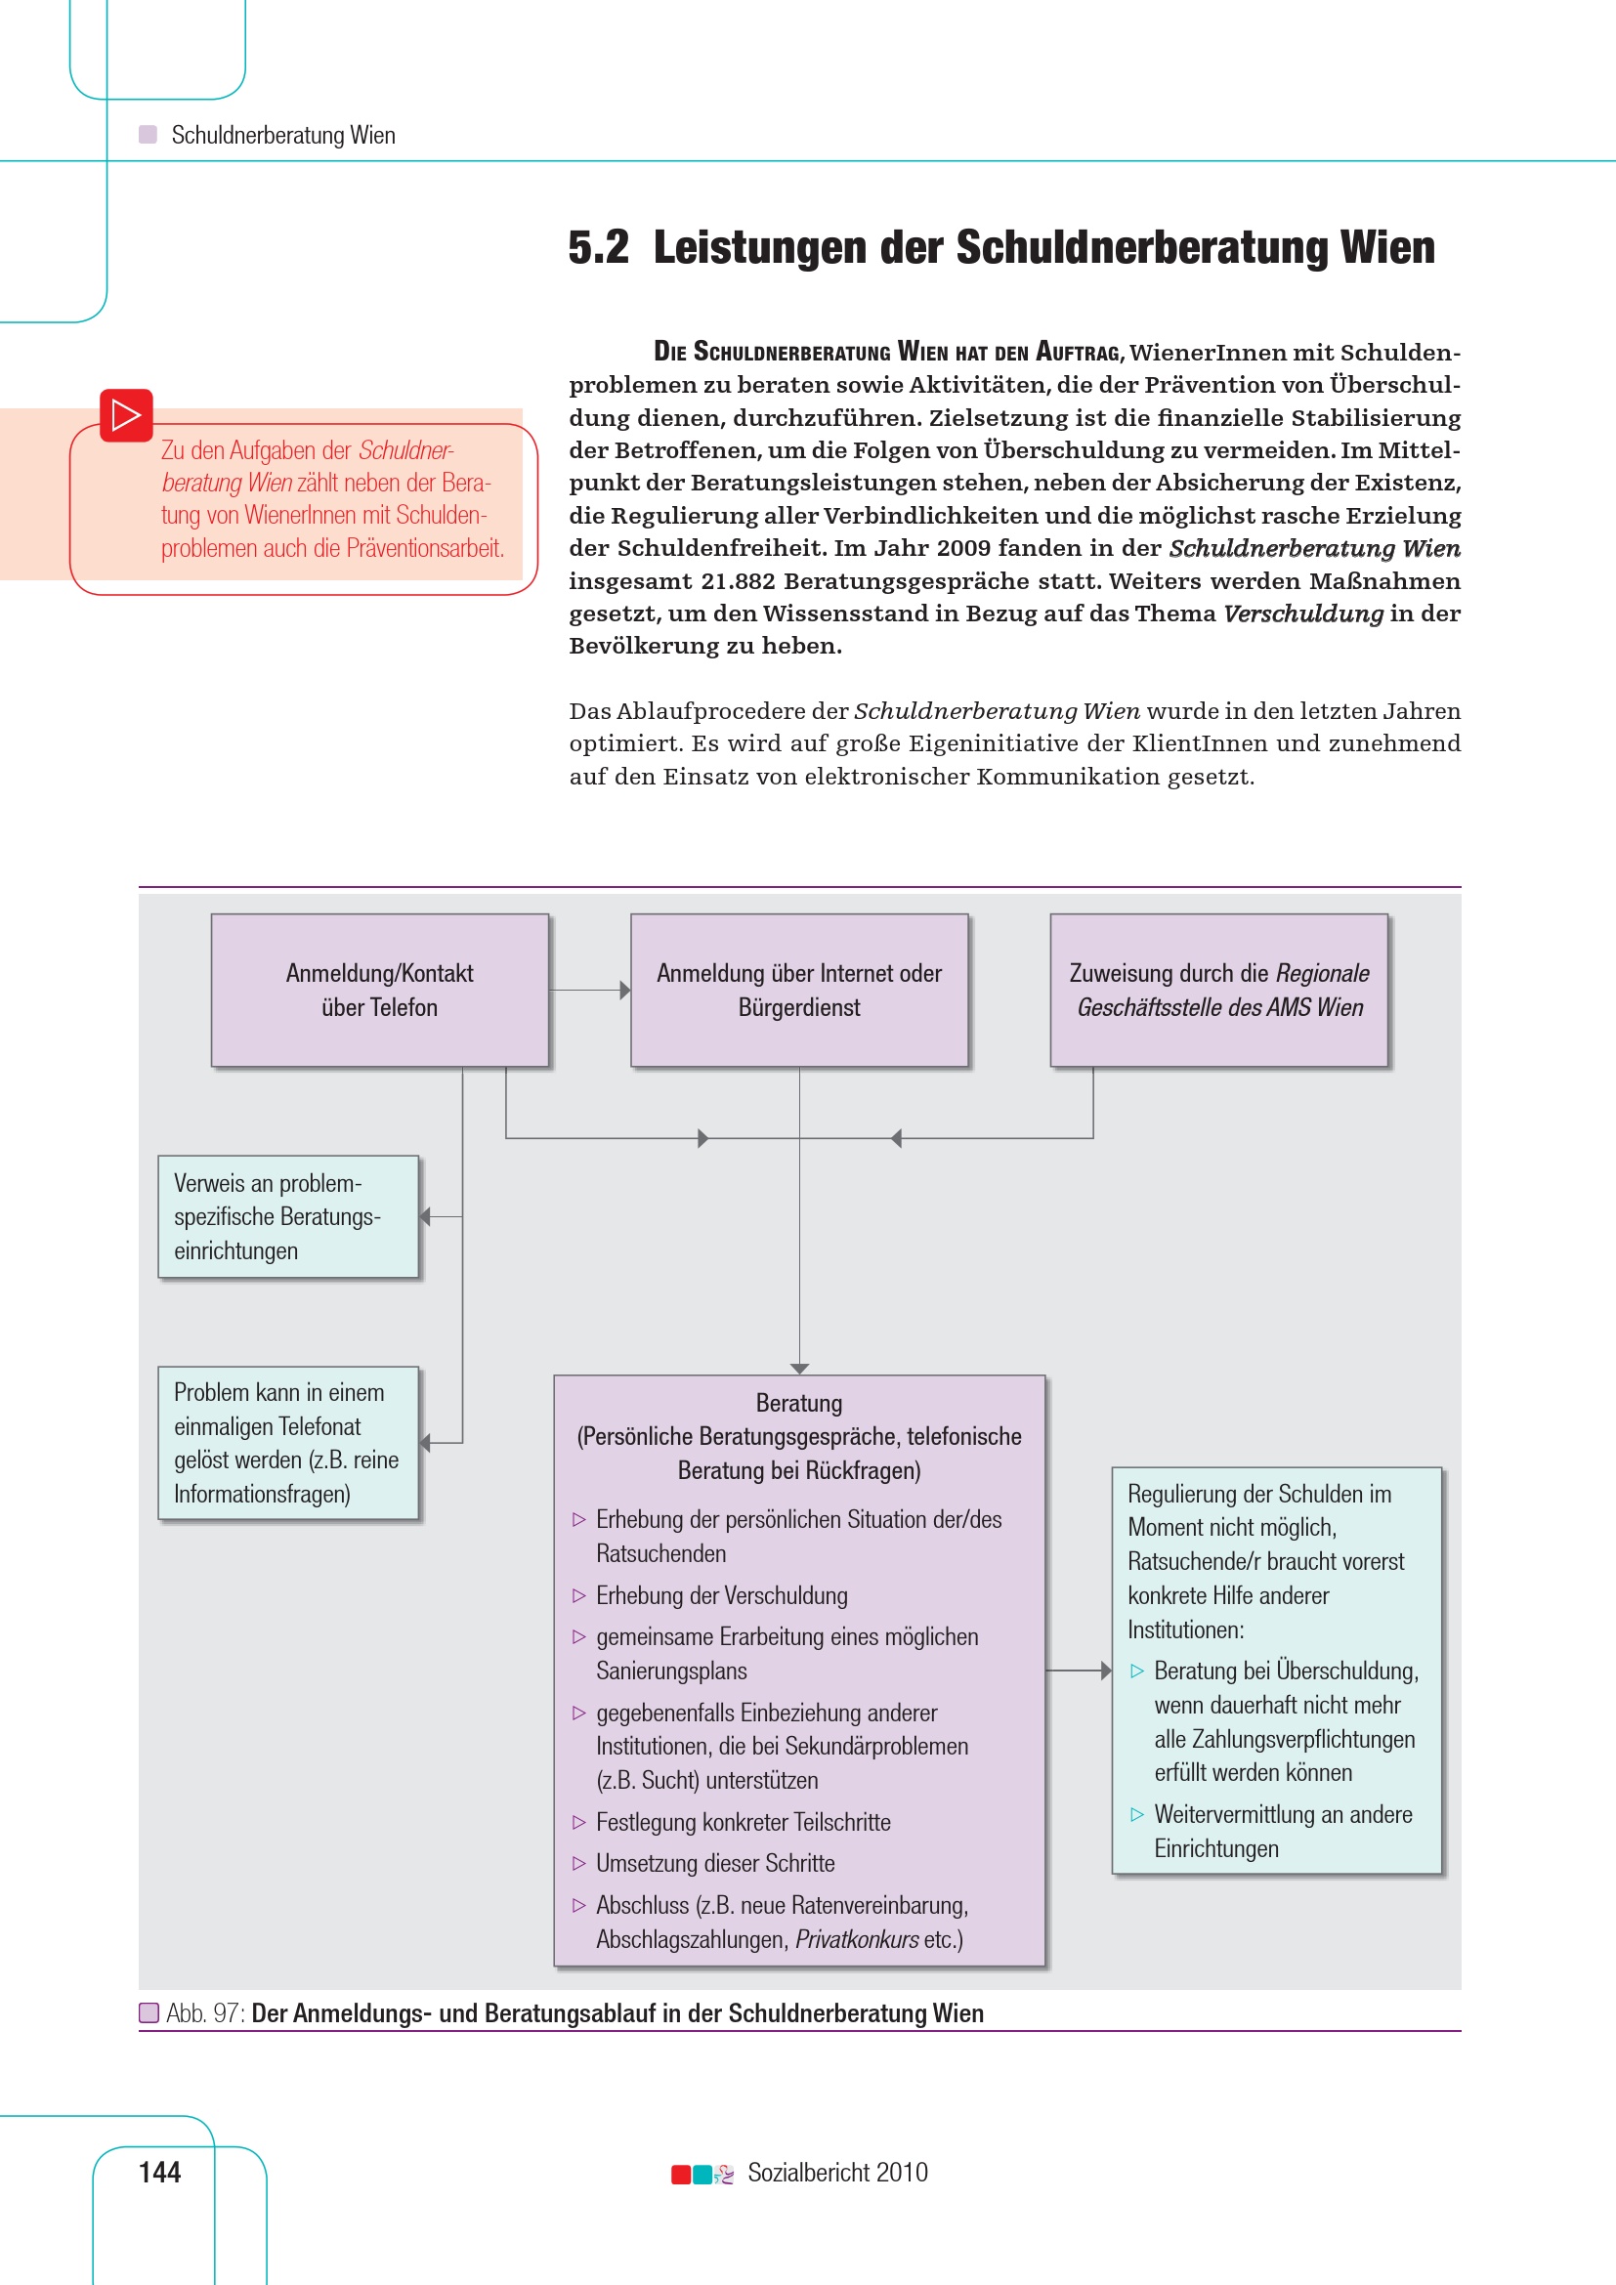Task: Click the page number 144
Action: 159,2172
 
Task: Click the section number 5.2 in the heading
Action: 598,248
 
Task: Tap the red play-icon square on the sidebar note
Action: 126,415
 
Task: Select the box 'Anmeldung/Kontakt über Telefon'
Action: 379,991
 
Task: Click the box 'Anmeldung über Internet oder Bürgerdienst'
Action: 799,991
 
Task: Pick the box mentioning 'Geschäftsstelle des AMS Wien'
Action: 1219,991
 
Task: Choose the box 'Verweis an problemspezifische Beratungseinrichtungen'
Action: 287,1216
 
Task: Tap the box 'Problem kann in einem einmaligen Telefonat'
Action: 287,1442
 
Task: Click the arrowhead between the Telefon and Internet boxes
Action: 625,991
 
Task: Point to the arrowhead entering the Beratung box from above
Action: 799,1369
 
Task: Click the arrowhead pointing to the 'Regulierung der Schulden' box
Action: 1106,1670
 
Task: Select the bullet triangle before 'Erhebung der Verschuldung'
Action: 579,1595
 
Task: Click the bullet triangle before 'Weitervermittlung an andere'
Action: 1137,1814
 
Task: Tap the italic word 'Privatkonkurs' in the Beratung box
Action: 857,1938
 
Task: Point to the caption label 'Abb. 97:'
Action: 205,2013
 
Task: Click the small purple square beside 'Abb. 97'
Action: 149,2013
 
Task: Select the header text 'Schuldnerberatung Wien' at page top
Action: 283,136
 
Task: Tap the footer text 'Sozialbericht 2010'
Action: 837,2173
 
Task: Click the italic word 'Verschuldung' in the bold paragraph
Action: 1302,614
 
